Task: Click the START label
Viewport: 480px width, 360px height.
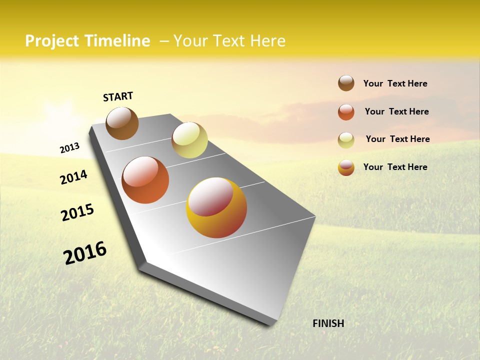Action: point(118,96)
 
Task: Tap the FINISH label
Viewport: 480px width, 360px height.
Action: point(328,323)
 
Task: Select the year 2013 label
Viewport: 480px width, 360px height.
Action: point(69,148)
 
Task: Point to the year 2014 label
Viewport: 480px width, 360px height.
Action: point(73,177)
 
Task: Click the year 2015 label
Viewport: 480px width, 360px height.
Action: point(77,212)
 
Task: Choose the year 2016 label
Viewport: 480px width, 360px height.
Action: point(85,253)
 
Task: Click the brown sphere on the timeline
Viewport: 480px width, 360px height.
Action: point(122,123)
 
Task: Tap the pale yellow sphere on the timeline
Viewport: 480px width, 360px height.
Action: point(189,140)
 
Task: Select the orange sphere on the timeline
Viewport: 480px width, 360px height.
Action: point(145,180)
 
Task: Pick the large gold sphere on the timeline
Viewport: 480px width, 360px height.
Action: point(216,207)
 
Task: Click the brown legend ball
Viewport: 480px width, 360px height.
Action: point(346,83)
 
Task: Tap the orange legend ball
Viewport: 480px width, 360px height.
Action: point(346,112)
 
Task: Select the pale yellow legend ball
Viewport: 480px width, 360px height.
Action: point(346,140)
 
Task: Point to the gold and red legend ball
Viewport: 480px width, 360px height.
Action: point(346,167)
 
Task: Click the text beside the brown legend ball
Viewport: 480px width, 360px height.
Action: point(395,83)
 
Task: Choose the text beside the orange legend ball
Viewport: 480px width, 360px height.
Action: point(396,111)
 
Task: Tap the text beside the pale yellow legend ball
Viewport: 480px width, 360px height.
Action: point(397,139)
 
